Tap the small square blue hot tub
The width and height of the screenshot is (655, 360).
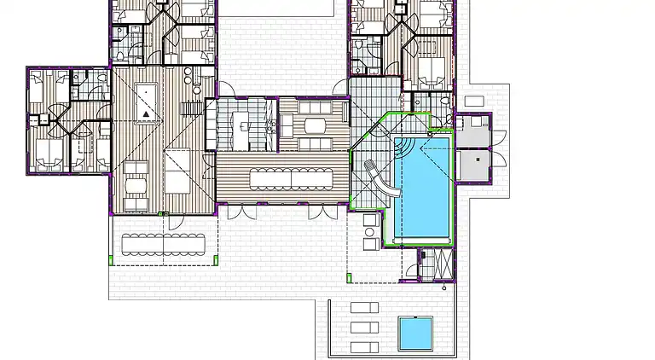click(415, 333)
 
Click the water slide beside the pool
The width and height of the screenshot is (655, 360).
click(379, 179)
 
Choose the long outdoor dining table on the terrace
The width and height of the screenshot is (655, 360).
click(164, 244)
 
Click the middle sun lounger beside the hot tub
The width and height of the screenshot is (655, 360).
click(365, 328)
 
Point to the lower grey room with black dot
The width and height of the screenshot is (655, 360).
click(472, 165)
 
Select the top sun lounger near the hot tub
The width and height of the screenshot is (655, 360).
click(365, 308)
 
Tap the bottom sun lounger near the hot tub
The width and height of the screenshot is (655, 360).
click(365, 346)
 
